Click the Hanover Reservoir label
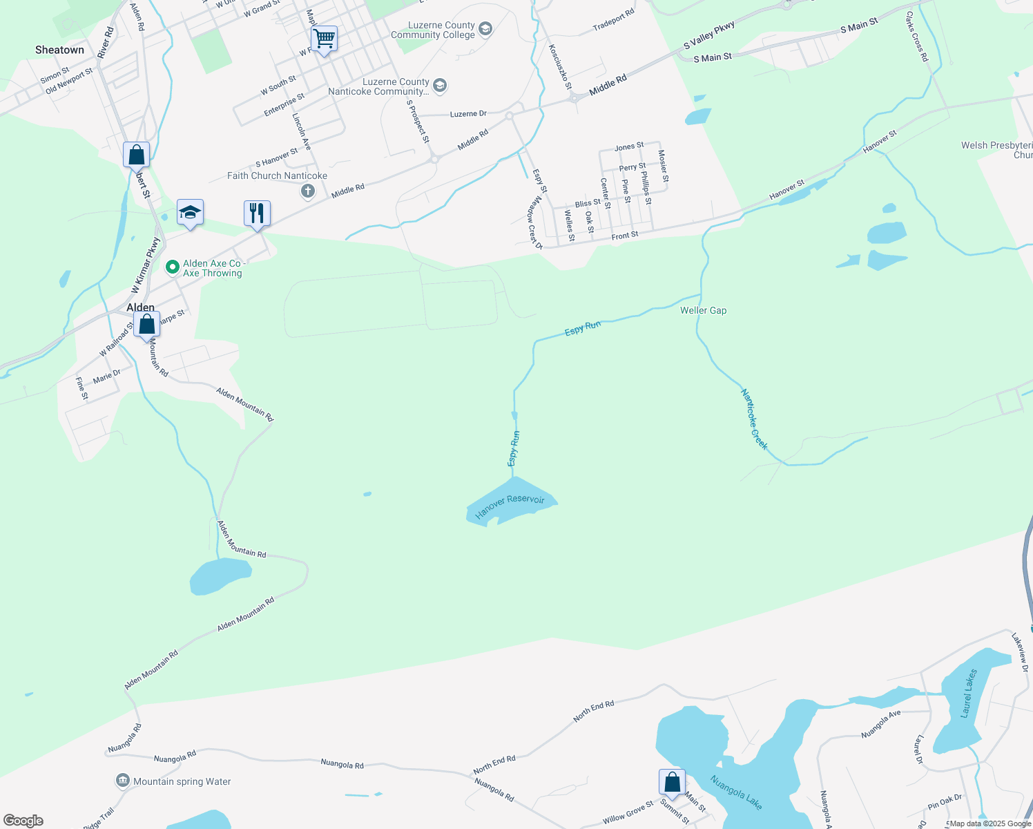tap(510, 506)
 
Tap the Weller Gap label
tap(703, 310)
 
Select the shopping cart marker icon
tap(324, 39)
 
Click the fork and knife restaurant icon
tap(257, 213)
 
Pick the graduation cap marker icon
tap(190, 212)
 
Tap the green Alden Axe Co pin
tap(173, 266)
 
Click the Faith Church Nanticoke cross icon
tap(308, 191)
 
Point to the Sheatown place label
tap(59, 50)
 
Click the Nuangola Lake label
tap(736, 792)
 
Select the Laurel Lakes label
tap(969, 693)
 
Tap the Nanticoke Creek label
tap(754, 419)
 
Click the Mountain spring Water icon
tap(123, 781)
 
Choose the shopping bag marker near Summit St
tap(672, 783)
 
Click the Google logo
tap(23, 821)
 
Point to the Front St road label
tap(624, 236)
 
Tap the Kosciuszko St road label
tap(560, 67)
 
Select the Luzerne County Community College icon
tap(485, 29)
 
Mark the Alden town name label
tap(140, 307)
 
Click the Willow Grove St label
tap(628, 813)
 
